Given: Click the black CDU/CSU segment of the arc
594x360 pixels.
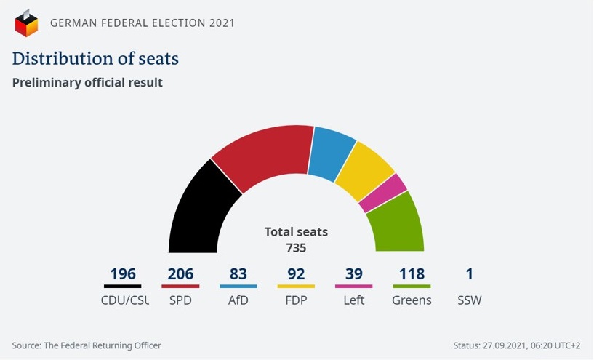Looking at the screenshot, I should pyautogui.click(x=198, y=211).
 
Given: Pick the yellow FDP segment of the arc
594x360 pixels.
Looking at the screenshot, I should pyautogui.click(x=364, y=172).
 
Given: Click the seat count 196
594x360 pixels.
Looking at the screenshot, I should pyautogui.click(x=123, y=274).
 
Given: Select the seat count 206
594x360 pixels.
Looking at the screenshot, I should pyautogui.click(x=180, y=274).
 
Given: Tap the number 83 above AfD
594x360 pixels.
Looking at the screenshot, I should pyautogui.click(x=238, y=274).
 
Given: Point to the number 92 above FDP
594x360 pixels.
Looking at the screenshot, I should pyautogui.click(x=296, y=274).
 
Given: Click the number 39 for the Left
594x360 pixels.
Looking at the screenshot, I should pyautogui.click(x=353, y=274).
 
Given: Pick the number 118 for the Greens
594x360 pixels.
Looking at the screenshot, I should pyautogui.click(x=412, y=274).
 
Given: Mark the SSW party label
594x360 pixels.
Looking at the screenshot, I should pyautogui.click(x=470, y=300).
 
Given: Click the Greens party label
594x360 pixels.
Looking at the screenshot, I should pyautogui.click(x=412, y=300).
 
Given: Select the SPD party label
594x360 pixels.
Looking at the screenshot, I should pyautogui.click(x=180, y=300).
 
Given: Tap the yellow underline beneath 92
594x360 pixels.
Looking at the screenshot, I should pyautogui.click(x=296, y=287).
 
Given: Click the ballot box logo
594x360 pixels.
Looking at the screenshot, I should pyautogui.click(x=26, y=23).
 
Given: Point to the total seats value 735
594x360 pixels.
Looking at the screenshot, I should pyautogui.click(x=296, y=248).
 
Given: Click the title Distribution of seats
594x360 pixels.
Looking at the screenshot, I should pyautogui.click(x=95, y=58).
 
